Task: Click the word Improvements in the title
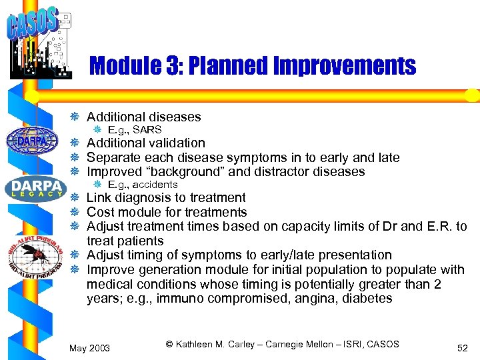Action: coord(340,65)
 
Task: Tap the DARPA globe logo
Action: coord(32,140)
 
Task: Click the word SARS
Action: coord(147,129)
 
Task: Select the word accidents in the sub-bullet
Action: coord(155,184)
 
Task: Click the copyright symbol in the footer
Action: coord(169,344)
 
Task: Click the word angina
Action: coord(304,299)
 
